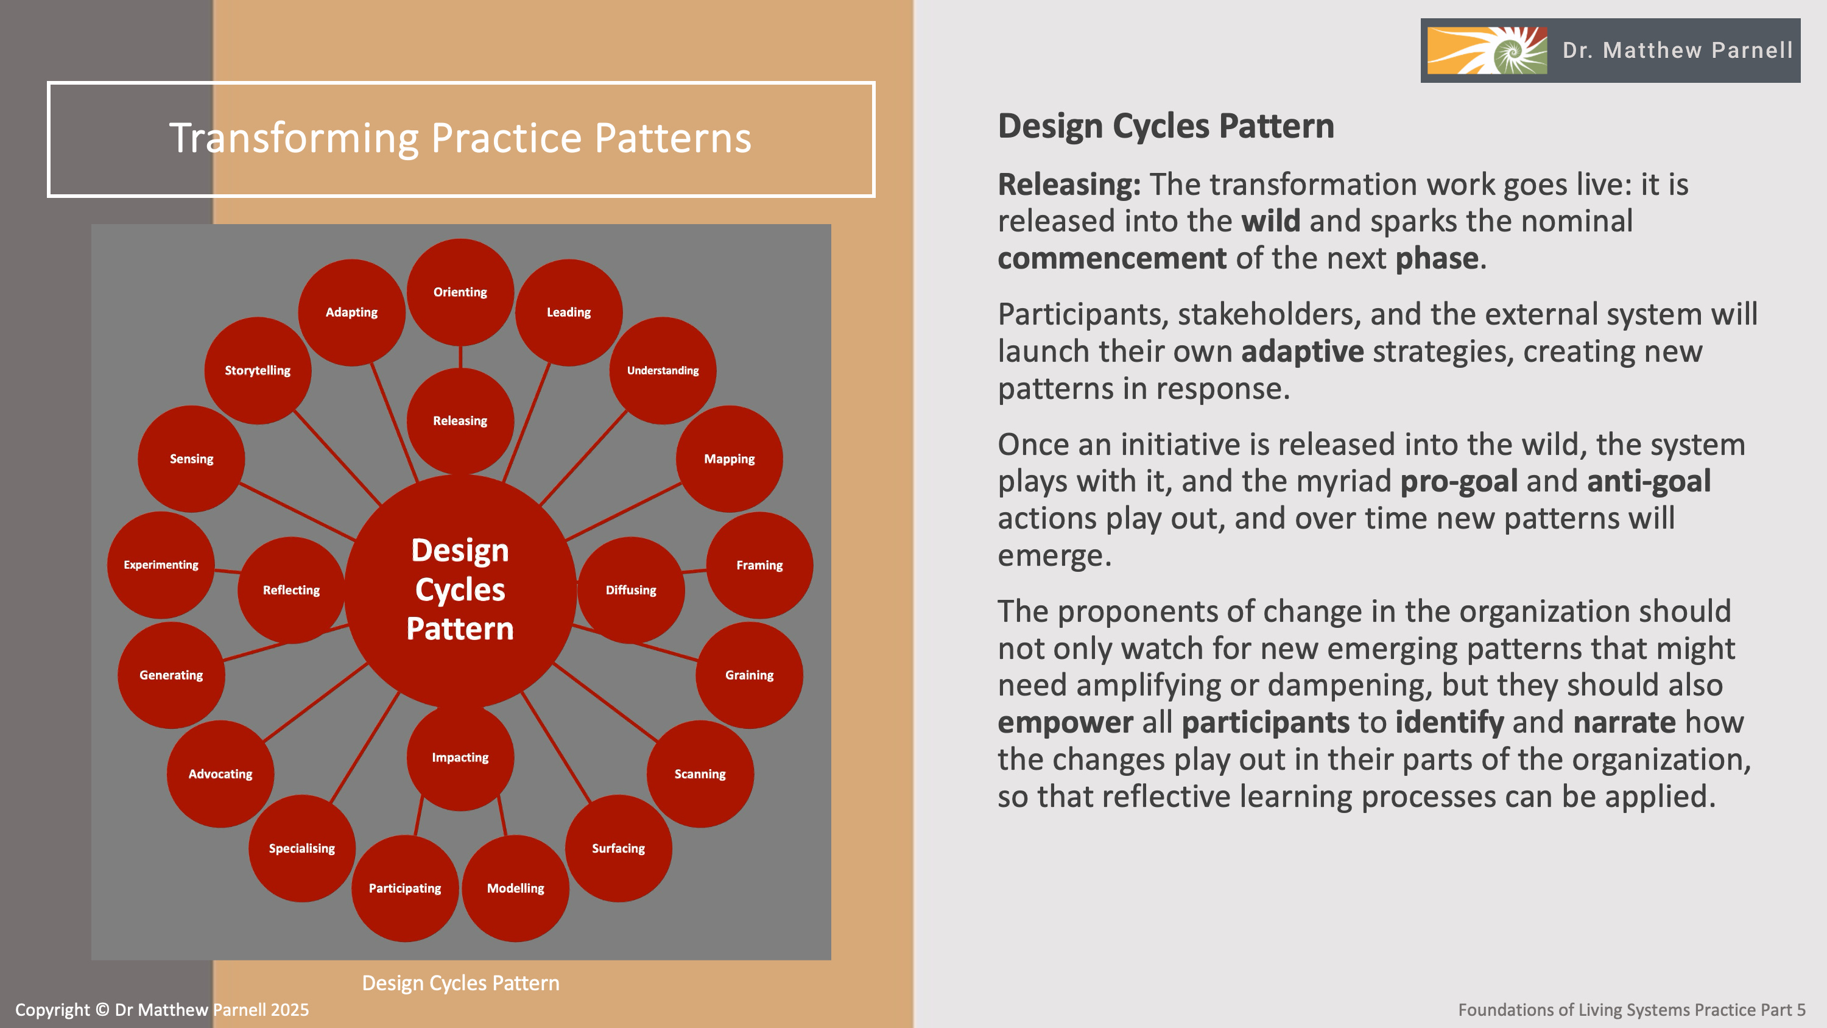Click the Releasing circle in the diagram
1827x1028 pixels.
460,421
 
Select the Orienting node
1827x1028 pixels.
460,292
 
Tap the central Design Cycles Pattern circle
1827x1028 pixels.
460,590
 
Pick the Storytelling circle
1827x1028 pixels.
258,370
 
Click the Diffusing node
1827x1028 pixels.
630,590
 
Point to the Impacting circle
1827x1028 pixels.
460,757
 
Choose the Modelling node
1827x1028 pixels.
516,889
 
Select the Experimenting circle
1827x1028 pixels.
161,565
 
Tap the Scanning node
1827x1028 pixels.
700,774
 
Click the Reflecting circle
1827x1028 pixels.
290,590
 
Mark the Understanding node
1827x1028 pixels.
663,370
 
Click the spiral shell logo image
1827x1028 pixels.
1487,51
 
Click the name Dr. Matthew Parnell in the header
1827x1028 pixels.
1677,51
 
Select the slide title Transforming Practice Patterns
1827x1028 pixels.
460,138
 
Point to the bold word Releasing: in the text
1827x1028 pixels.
1069,185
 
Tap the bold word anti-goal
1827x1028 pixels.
1649,481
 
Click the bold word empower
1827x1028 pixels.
1065,722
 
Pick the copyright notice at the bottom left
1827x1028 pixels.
162,1010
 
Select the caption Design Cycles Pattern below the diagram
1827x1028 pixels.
460,982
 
